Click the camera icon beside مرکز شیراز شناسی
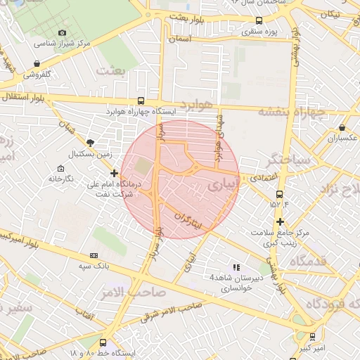tap(63, 33)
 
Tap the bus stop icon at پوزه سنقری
tap(259, 20)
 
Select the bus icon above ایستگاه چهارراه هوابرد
tap(141, 101)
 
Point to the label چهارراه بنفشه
tap(292, 111)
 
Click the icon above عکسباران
tap(342, 128)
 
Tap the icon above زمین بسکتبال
tap(90, 142)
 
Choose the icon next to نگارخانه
tap(60, 169)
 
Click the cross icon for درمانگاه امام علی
tap(115, 172)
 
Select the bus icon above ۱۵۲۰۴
tap(279, 194)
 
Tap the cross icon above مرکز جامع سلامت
tap(280, 222)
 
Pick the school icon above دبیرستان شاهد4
tap(236, 267)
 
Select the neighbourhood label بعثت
tap(113, 70)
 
